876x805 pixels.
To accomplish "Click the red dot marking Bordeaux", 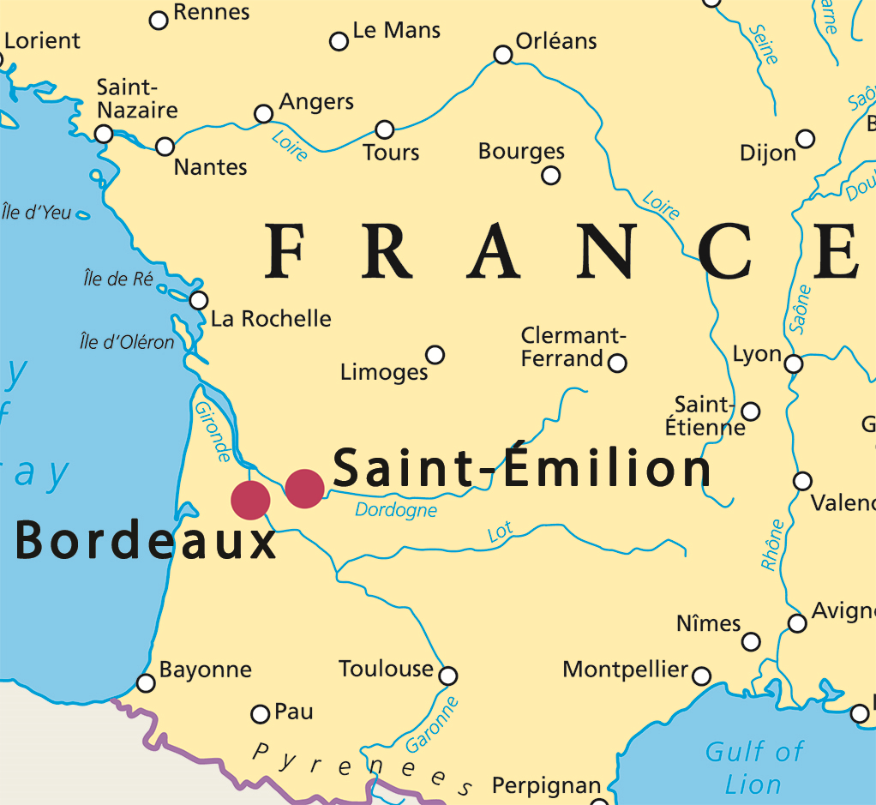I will (250, 500).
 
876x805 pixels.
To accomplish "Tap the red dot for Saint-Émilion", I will (304, 489).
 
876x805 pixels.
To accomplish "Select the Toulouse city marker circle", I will (447, 676).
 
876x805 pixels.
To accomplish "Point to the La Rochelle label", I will (271, 319).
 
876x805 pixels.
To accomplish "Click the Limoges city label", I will (383, 372).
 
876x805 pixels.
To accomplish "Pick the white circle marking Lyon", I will (794, 363).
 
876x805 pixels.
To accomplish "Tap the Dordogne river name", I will (396, 511).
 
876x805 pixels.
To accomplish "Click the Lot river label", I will (500, 532).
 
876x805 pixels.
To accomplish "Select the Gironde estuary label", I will (213, 431).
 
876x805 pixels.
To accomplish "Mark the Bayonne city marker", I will (147, 683).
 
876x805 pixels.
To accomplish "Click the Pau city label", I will (294, 712).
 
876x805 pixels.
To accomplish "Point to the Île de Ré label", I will (117, 279).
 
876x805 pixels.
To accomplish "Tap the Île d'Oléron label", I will (126, 342).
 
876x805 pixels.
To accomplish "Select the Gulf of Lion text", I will (753, 768).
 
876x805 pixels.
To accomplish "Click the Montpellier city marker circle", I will (701, 676).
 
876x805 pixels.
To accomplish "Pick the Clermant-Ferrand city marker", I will (617, 363).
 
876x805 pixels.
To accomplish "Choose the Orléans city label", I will (556, 40).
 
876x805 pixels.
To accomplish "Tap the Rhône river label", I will (772, 545).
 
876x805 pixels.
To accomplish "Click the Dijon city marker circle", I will (805, 139).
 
